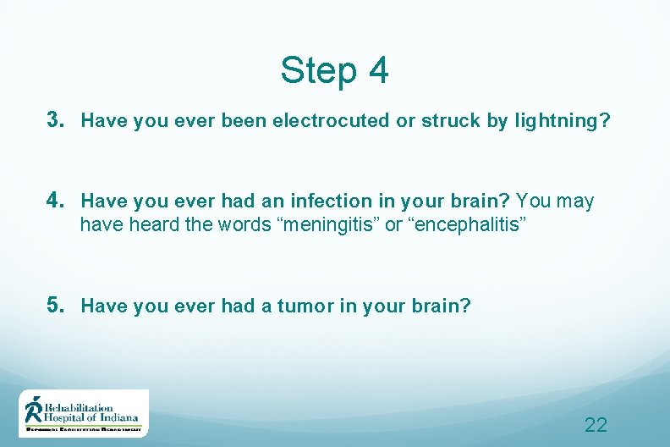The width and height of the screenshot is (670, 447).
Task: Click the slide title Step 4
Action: pyautogui.click(x=334, y=70)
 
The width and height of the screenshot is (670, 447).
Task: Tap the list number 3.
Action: pyautogui.click(x=57, y=120)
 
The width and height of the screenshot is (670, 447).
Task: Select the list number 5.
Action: pyautogui.click(x=57, y=306)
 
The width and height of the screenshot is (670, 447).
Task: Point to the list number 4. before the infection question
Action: pyautogui.click(x=57, y=201)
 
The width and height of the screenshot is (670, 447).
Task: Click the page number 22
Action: pyautogui.click(x=596, y=424)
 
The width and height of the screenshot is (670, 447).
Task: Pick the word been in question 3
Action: pyautogui.click(x=244, y=121)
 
